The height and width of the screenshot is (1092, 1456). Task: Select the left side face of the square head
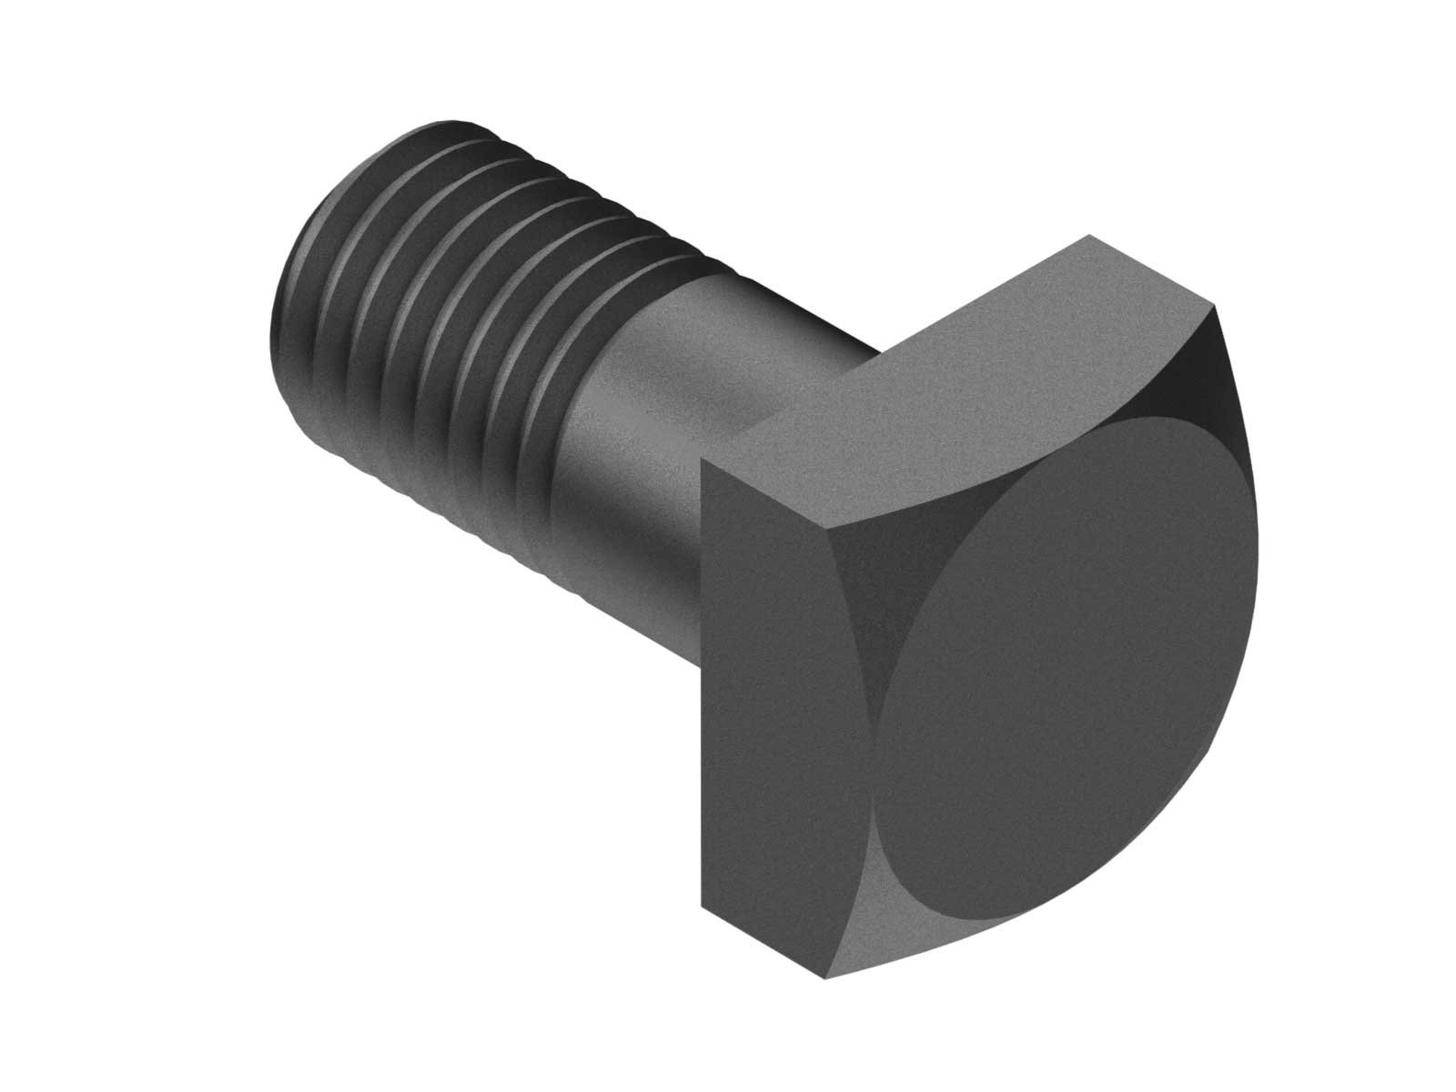coord(773,655)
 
